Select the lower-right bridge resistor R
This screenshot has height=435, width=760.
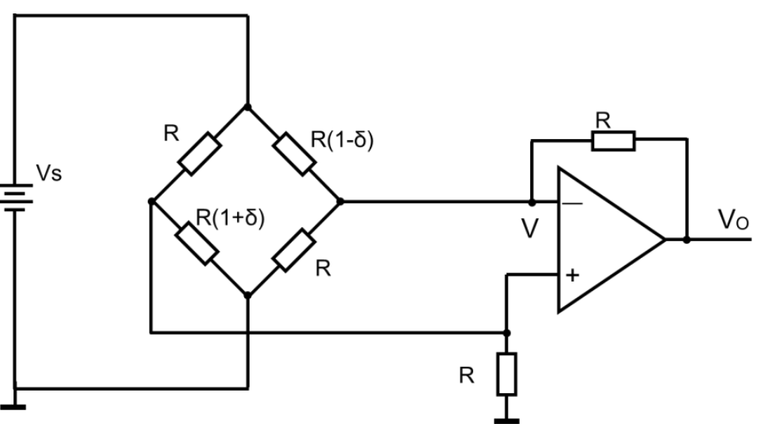(x=294, y=247)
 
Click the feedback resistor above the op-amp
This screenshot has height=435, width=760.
(x=613, y=142)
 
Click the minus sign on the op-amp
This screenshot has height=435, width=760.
(x=574, y=203)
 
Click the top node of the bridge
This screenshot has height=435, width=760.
(x=248, y=107)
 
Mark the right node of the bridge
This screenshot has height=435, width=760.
(x=340, y=201)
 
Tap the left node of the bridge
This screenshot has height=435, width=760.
(x=150, y=201)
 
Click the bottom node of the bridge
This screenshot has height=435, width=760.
(x=248, y=295)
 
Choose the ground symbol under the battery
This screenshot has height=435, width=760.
(x=15, y=407)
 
